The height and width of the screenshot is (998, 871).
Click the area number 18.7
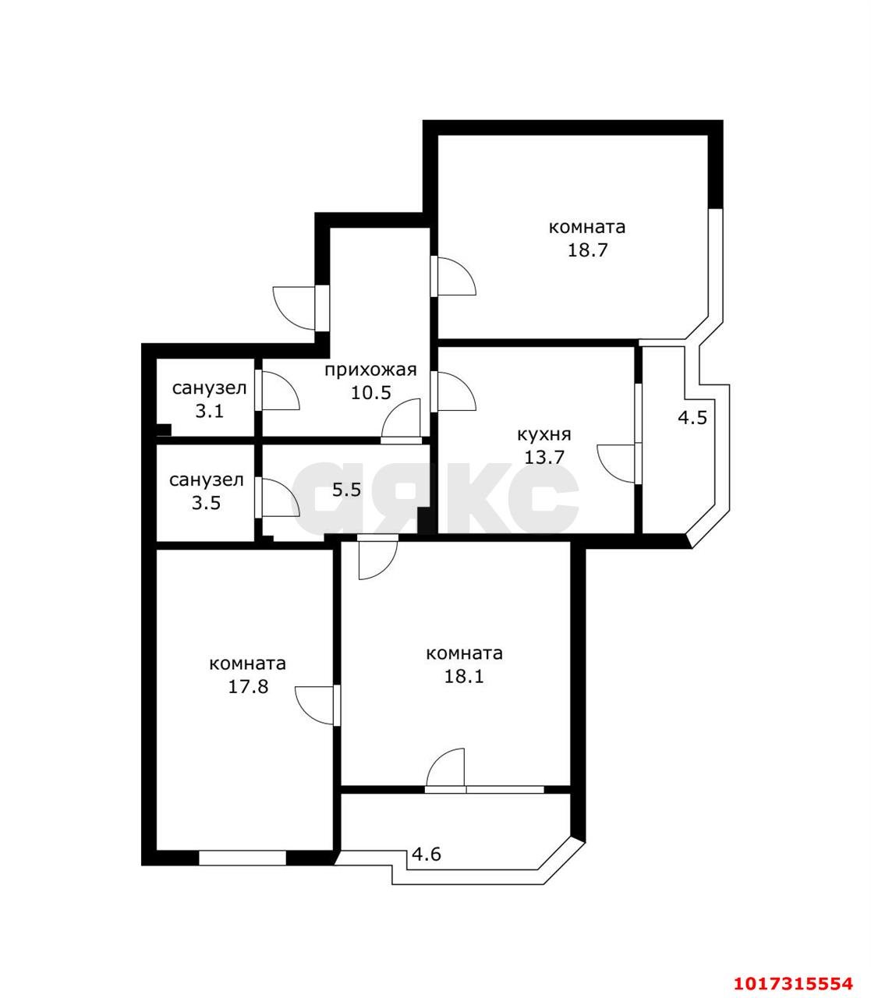(587, 250)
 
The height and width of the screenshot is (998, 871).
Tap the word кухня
(543, 434)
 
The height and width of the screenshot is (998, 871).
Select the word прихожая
(370, 370)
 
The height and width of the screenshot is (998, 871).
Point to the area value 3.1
(209, 411)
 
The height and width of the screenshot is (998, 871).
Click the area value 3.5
(206, 502)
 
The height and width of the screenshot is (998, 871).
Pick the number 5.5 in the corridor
(346, 489)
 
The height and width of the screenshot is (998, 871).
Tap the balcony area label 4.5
(692, 418)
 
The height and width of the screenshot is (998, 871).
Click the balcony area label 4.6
(427, 854)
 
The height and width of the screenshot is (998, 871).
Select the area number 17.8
(248, 687)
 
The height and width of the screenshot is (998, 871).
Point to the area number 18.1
(464, 676)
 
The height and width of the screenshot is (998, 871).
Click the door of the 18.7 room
(453, 276)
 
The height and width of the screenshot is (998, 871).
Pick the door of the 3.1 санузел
(277, 390)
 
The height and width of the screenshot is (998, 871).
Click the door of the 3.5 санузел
(277, 497)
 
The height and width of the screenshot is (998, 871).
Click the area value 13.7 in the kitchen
(544, 457)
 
